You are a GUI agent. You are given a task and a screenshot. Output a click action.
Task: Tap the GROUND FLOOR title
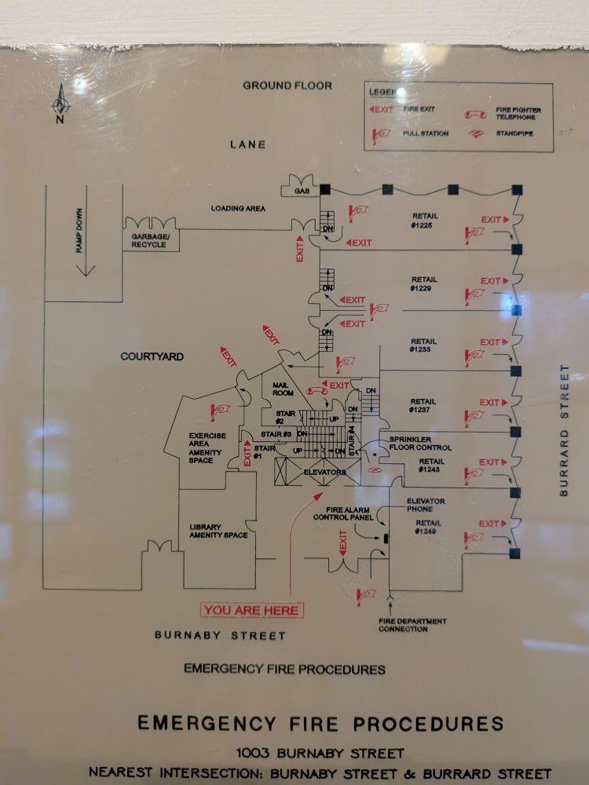pos(287,86)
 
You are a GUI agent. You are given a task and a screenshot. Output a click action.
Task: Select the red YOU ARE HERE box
pos(251,610)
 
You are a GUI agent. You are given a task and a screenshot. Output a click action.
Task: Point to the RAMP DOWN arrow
pos(84,243)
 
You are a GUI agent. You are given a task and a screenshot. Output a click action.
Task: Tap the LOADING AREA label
pos(238,209)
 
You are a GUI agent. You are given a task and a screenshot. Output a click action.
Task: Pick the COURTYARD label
pos(152,356)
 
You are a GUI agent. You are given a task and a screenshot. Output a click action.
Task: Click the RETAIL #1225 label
pos(424,221)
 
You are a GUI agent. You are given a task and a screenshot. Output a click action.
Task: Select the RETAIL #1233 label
pos(424,345)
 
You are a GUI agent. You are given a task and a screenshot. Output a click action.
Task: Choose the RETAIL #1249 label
pos(428,527)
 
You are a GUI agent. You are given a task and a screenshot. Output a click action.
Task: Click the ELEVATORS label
pos(324,473)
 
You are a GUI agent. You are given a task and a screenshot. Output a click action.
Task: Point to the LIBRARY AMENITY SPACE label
pos(218,531)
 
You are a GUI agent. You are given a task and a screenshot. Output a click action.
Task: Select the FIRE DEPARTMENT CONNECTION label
pos(412,625)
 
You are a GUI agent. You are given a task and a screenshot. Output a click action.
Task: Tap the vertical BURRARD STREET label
pos(564,430)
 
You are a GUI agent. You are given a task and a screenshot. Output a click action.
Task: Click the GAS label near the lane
pos(302,192)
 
